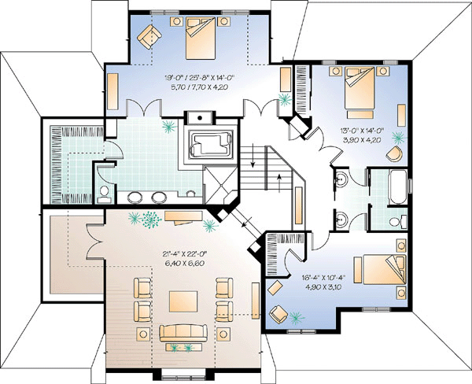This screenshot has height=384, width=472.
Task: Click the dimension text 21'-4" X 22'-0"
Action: point(183,254)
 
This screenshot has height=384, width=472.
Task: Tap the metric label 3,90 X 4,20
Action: point(362,140)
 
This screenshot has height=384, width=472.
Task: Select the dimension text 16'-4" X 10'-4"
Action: point(323,278)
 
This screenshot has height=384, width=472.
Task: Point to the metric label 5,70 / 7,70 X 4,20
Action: point(200,87)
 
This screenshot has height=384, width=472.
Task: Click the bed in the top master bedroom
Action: point(201,38)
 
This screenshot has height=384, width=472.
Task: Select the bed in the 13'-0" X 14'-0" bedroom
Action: point(360,88)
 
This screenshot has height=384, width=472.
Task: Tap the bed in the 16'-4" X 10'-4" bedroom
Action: point(385,270)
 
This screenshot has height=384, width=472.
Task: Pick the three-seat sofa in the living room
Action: point(183,333)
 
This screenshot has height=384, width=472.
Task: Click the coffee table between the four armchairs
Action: point(183,301)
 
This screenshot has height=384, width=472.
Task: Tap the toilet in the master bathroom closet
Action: point(104,193)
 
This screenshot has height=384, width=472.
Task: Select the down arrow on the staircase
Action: point(253,156)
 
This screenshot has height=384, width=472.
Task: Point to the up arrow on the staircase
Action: point(279,183)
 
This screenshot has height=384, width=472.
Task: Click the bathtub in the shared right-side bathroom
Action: point(397,187)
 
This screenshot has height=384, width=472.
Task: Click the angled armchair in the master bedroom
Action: point(149,37)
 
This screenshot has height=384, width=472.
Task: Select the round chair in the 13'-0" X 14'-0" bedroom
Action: point(394,154)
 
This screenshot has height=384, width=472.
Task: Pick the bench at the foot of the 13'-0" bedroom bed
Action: point(360,114)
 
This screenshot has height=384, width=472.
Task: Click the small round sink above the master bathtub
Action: point(200,118)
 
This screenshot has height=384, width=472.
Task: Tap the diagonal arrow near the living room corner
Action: point(247,222)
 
